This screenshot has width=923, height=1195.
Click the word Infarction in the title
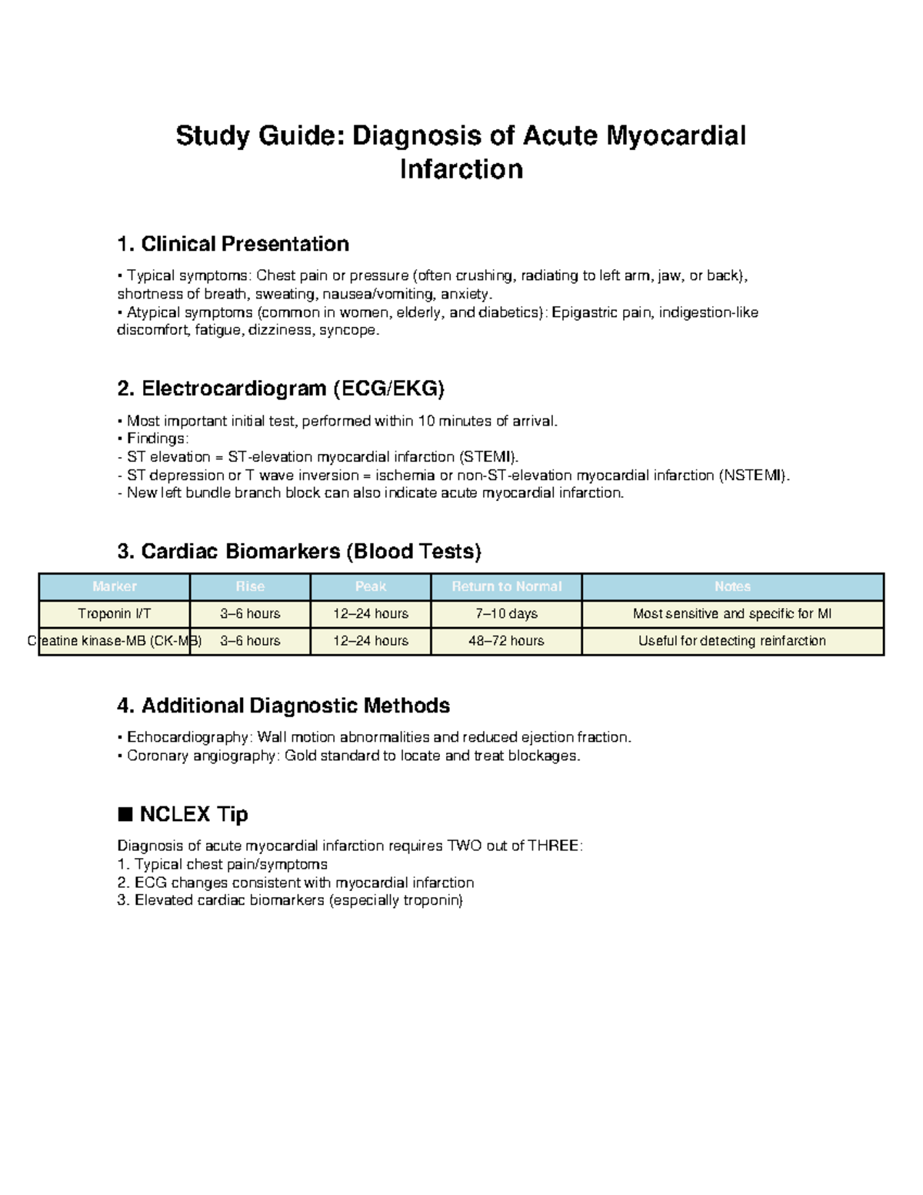pyautogui.click(x=461, y=169)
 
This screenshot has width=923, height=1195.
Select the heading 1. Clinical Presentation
pyautogui.click(x=233, y=244)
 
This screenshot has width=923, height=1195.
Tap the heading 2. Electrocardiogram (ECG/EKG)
pyautogui.click(x=281, y=389)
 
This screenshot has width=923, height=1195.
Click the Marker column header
pyautogui.click(x=115, y=586)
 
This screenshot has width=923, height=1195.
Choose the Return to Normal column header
pyautogui.click(x=506, y=586)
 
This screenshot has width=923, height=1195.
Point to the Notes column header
pyautogui.click(x=732, y=586)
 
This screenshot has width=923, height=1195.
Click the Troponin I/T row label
pyautogui.click(x=115, y=613)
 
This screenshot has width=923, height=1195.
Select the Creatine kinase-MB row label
pyautogui.click(x=115, y=640)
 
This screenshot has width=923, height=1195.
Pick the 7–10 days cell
pyautogui.click(x=506, y=613)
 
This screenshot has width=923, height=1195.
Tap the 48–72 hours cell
pyautogui.click(x=506, y=640)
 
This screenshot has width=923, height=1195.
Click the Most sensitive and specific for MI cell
pyautogui.click(x=732, y=613)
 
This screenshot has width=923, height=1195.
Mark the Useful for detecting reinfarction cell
pyautogui.click(x=732, y=640)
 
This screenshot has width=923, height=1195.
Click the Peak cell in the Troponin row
pyautogui.click(x=371, y=613)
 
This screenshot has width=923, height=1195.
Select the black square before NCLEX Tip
pyautogui.click(x=125, y=814)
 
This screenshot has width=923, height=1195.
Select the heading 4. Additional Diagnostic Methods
pyautogui.click(x=283, y=706)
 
